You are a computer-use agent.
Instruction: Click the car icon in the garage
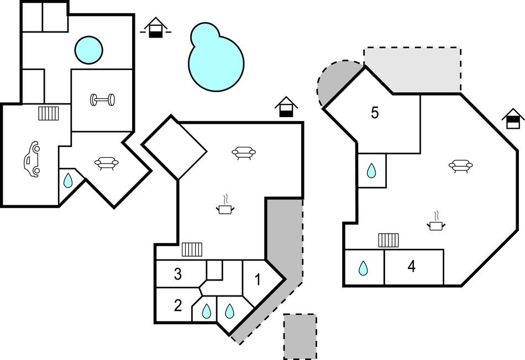32,160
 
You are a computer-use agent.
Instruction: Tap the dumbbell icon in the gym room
103,100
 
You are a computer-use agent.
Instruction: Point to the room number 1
257,279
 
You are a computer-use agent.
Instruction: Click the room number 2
178,305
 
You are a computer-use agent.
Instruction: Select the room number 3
178,274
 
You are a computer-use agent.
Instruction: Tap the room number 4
411,267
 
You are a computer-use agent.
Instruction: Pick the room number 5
375,113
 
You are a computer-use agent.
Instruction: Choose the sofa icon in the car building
107,162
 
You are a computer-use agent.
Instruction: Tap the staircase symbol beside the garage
49,113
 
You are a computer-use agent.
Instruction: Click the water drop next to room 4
363,268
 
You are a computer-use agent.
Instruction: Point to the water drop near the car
67,181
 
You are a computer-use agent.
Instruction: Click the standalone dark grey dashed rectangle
300,336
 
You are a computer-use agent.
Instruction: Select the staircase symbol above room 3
192,250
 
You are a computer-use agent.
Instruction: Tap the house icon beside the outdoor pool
156,28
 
